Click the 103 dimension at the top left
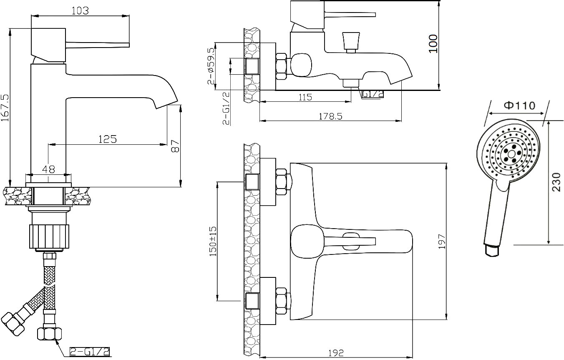[x=81, y=11]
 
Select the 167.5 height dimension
[x=5, y=108]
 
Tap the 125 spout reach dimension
[x=107, y=139]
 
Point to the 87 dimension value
[x=176, y=146]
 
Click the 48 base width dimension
[x=49, y=170]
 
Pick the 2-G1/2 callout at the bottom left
[x=90, y=352]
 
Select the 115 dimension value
[x=305, y=97]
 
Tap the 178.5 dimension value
[x=330, y=117]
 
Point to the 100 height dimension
[x=434, y=43]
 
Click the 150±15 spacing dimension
[x=213, y=241]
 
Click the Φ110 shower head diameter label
[x=519, y=106]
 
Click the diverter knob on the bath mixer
[x=350, y=41]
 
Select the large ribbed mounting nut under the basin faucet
[x=48, y=236]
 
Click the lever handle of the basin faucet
[x=98, y=44]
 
